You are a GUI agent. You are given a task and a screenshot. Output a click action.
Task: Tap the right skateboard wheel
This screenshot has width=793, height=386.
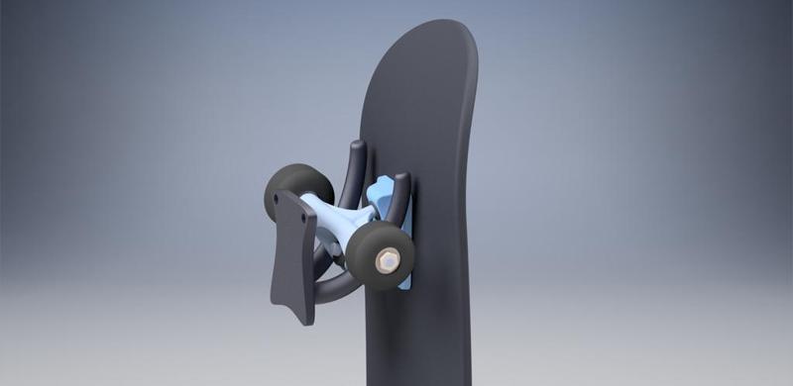[377, 254]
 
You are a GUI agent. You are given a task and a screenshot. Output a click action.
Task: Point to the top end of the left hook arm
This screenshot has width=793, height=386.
[358, 146]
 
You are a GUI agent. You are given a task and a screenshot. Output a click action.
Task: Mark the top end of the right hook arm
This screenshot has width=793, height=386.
[401, 179]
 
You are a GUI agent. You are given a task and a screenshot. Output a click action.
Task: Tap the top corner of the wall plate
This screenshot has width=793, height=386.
[280, 192]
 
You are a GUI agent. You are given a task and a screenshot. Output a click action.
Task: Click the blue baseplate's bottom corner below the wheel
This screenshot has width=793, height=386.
[404, 286]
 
